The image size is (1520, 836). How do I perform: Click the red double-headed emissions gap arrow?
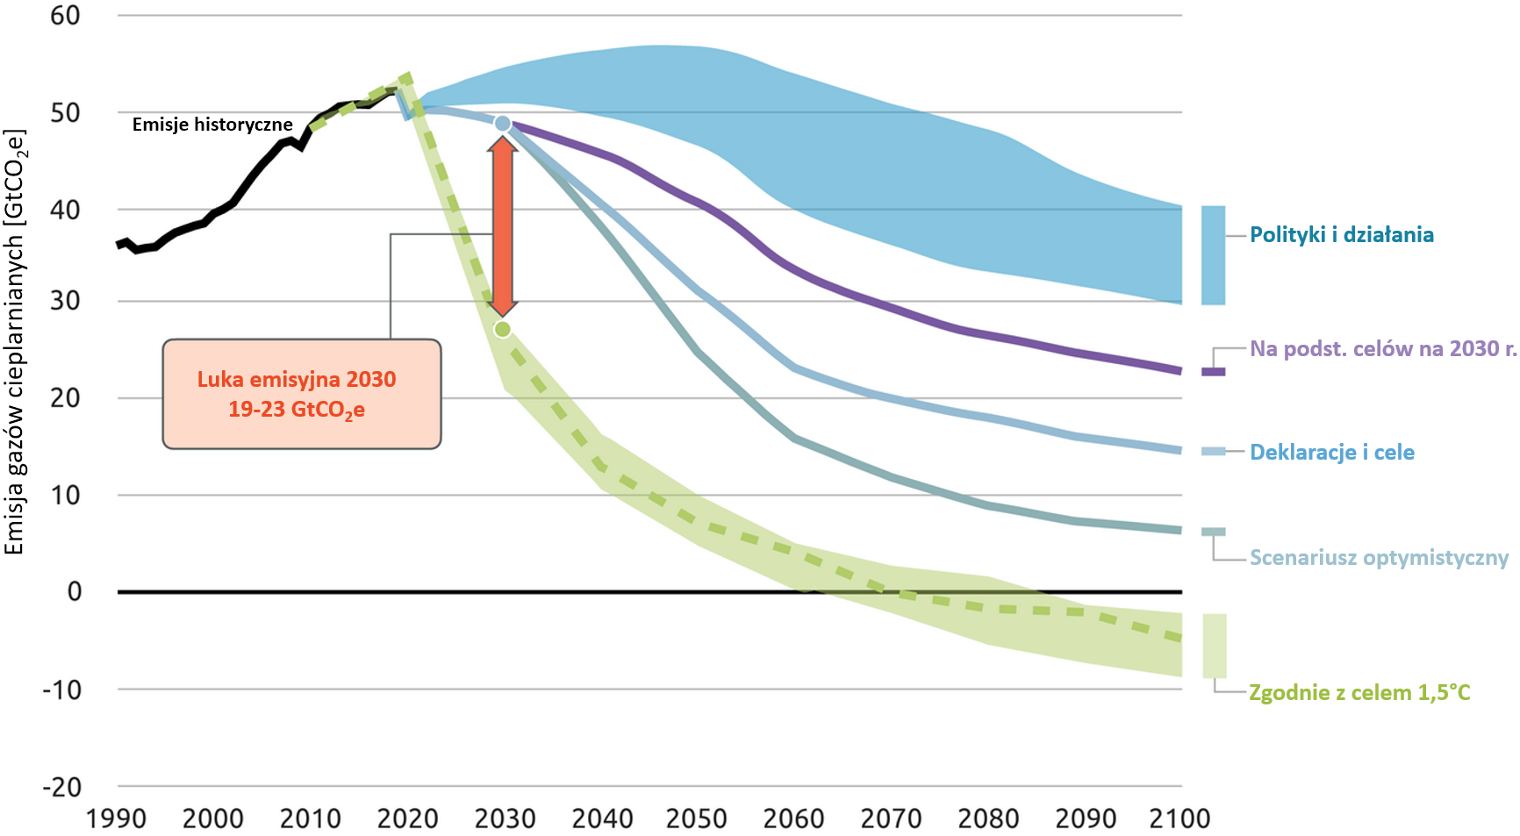(502, 225)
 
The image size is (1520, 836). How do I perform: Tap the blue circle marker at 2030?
(502, 124)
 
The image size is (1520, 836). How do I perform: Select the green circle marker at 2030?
(502, 329)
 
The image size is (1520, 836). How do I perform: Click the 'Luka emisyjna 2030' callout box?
(302, 394)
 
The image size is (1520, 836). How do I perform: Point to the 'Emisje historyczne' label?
(212, 125)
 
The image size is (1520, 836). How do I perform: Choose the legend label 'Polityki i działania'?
(1341, 234)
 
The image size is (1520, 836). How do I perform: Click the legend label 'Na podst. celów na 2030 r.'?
(1383, 348)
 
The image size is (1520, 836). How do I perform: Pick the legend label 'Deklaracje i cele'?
(1331, 452)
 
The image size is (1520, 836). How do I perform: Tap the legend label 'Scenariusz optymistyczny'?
(1379, 557)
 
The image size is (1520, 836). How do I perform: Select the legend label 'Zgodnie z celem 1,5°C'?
(1359, 692)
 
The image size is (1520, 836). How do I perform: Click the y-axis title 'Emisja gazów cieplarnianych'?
(15, 342)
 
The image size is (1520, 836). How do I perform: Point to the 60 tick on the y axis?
(65, 15)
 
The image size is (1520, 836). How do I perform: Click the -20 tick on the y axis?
(61, 787)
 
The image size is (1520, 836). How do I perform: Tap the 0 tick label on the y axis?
(75, 591)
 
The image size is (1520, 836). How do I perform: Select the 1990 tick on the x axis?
(116, 818)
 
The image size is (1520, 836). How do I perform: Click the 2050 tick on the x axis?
(696, 818)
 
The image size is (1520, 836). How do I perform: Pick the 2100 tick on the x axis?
(1179, 818)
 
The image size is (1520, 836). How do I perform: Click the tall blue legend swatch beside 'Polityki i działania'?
(1213, 255)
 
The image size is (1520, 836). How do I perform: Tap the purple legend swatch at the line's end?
(1213, 372)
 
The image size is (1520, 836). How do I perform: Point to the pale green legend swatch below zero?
(1214, 646)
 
